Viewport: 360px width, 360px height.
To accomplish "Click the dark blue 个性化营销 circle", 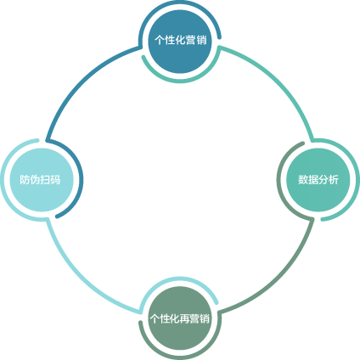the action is pos(180,42).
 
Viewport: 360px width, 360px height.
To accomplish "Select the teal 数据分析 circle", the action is pos(318,180).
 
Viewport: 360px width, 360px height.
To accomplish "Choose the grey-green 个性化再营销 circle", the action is pos(180,318).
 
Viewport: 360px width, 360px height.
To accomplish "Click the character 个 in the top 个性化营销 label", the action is pos(160,40).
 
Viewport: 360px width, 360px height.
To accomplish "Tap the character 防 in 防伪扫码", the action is pos(25,180).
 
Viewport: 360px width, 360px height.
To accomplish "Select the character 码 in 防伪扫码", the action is pos(55,180).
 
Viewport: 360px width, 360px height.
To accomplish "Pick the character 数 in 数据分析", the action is pos(303,180).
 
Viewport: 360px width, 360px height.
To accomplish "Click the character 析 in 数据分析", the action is pos(334,180).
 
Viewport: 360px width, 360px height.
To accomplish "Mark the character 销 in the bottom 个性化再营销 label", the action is pos(205,319).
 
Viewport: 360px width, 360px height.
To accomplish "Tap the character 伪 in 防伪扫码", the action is pos(35,180).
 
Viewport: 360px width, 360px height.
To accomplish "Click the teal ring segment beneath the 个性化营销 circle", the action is pos(180,82).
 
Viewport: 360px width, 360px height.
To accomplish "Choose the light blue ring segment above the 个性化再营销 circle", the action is pos(180,278).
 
